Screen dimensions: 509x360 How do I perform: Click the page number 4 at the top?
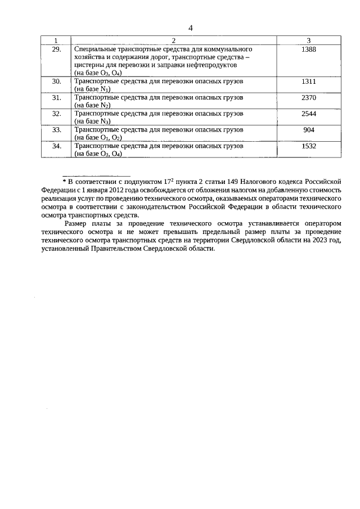click(190, 28)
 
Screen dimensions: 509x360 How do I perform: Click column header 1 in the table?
click(55, 40)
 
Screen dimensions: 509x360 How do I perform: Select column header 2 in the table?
click(173, 40)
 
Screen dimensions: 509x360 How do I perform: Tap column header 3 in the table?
click(309, 40)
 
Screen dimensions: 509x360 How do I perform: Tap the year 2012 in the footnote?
click(116, 190)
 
